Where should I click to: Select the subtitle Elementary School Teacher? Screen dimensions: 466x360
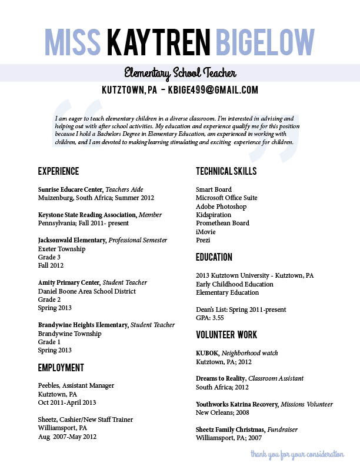coord(180,73)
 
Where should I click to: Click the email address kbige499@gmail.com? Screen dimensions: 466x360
coord(213,90)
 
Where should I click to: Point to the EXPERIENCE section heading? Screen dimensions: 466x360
coord(58,172)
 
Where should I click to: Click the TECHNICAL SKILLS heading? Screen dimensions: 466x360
coord(226,172)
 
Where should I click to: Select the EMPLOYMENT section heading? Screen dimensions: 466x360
coord(61,368)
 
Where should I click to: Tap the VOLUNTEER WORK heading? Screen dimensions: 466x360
coord(226,335)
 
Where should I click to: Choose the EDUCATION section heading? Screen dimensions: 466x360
coord(214,257)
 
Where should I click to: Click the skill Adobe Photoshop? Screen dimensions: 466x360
coord(221,207)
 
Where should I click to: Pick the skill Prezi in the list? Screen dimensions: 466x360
coord(203,240)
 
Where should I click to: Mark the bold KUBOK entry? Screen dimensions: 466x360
coord(207,353)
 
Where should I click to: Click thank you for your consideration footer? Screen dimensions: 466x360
coord(297,454)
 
